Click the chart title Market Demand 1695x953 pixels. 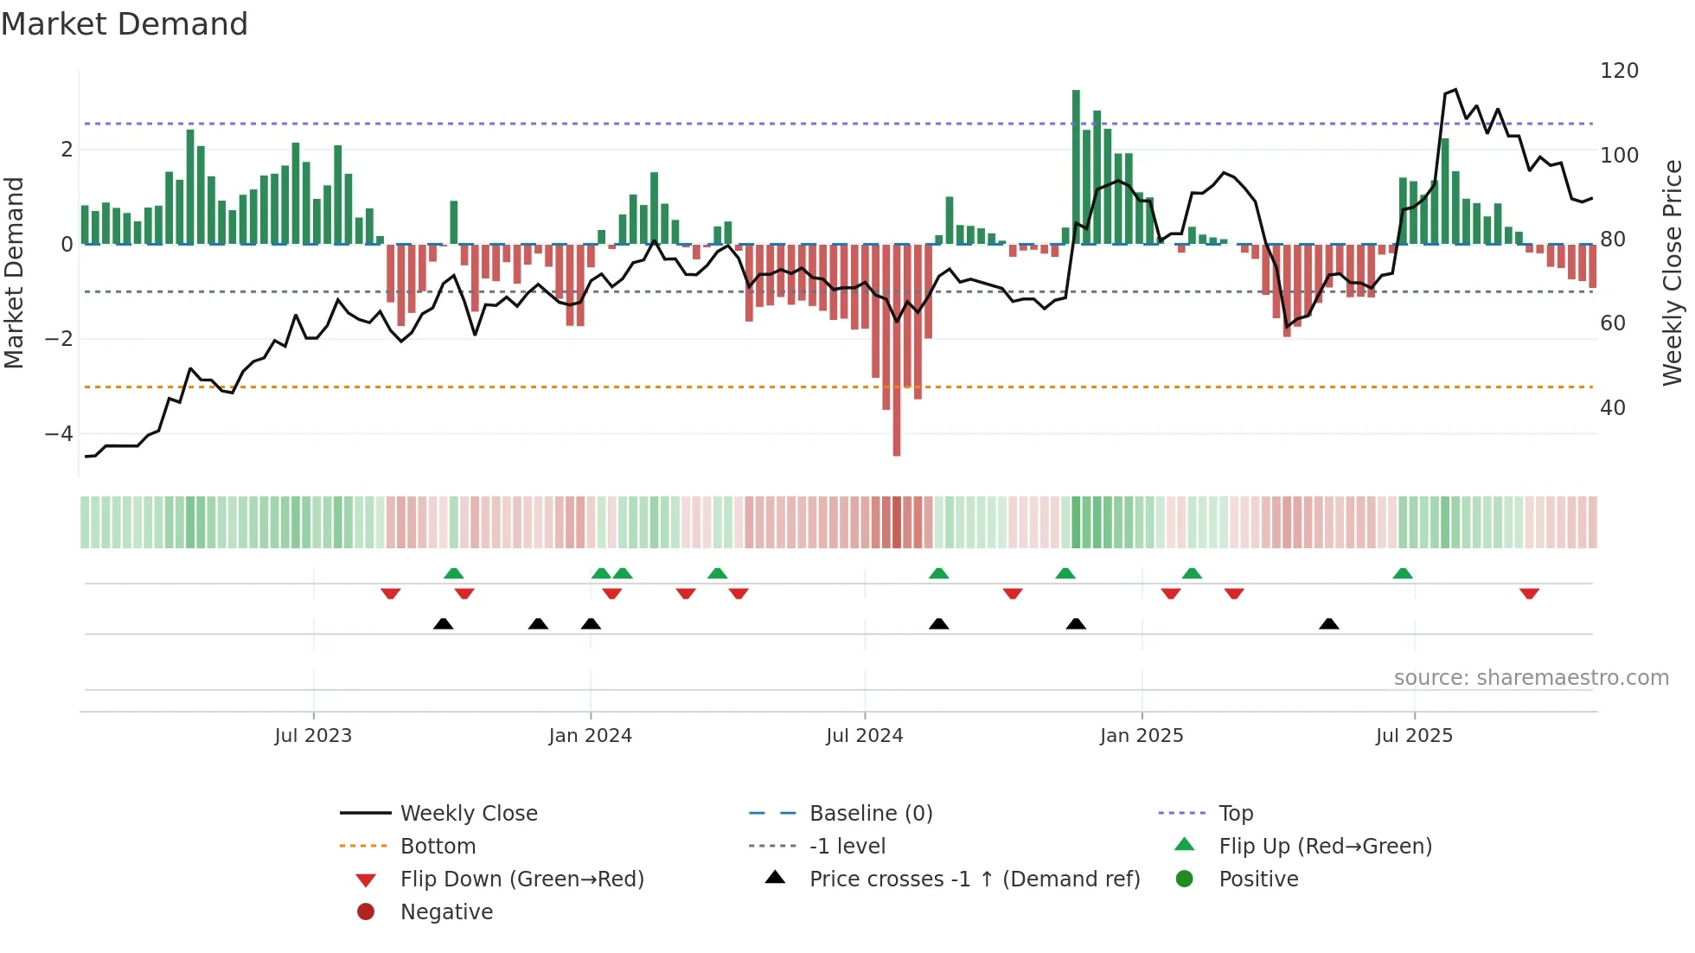[125, 24]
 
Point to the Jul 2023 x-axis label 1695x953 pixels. [313, 736]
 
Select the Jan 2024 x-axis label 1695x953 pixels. [590, 736]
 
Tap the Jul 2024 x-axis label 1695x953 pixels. [864, 736]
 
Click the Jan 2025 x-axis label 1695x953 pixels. [1141, 736]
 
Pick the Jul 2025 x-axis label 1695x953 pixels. [1414, 736]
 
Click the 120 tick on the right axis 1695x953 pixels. [1619, 71]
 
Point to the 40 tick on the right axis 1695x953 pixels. [1612, 407]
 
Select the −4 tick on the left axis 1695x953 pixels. [59, 433]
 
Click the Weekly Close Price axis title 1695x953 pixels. [1673, 272]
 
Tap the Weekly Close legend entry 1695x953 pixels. [468, 814]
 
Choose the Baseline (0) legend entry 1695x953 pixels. [870, 814]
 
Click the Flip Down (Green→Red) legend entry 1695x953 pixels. [521, 879]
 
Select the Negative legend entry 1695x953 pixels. [446, 912]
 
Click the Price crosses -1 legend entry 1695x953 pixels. [974, 879]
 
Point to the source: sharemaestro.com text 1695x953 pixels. [1531, 678]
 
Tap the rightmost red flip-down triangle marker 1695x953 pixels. [1529, 593]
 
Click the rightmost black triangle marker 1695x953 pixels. [1329, 624]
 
